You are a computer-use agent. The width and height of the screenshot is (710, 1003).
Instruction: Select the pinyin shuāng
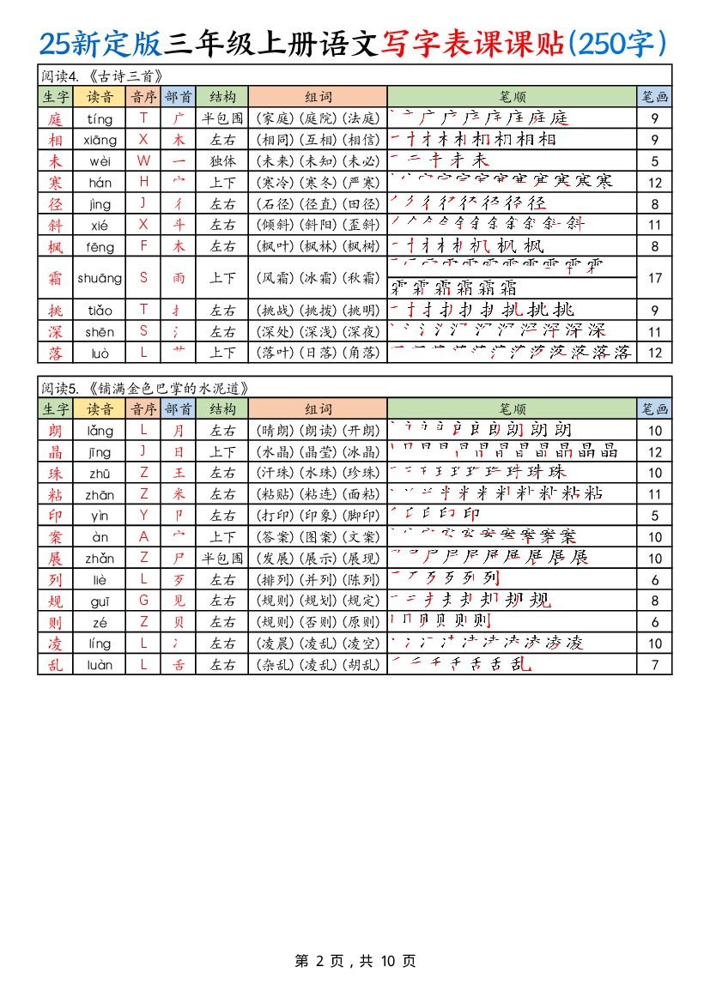(x=100, y=278)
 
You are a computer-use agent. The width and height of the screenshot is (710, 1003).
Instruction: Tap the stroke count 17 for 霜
(x=654, y=278)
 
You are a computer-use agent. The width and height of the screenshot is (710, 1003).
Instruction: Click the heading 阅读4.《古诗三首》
(x=102, y=76)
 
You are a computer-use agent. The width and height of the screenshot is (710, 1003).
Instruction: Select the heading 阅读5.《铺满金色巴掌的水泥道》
(x=146, y=388)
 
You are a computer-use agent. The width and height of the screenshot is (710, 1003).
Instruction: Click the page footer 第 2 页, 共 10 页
(x=355, y=961)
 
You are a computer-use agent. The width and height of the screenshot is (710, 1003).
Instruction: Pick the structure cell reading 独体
(x=222, y=160)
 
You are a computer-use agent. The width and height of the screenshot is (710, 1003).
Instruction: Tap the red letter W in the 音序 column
(x=143, y=160)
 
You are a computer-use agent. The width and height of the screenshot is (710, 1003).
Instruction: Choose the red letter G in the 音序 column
(x=143, y=601)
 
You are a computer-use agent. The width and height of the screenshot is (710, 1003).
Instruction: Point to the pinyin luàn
(x=100, y=664)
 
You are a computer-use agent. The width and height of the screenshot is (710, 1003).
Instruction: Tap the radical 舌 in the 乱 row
(x=179, y=664)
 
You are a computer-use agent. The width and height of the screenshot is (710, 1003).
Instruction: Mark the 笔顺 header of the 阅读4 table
(x=513, y=97)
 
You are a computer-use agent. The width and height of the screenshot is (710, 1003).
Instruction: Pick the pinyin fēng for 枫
(x=100, y=245)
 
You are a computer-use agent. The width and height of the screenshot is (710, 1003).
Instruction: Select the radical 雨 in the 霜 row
(x=179, y=278)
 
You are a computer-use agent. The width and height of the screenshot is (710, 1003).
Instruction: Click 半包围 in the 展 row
(x=222, y=558)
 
